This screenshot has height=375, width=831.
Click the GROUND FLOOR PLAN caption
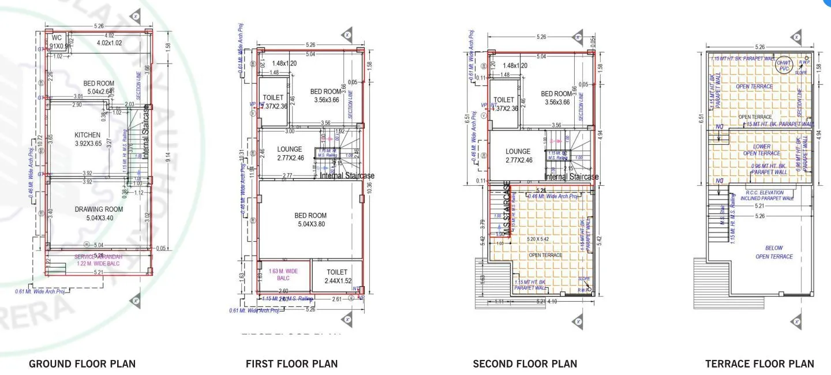(82, 363)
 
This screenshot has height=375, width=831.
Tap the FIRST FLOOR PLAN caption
(291, 363)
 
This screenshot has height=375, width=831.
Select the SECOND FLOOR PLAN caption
(525, 363)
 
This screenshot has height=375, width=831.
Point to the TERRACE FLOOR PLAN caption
(759, 363)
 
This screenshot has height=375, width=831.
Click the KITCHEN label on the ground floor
(87, 135)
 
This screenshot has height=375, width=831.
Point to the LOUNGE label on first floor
(290, 149)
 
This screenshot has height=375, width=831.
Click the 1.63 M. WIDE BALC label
(283, 274)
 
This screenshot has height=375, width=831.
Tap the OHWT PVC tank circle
(784, 65)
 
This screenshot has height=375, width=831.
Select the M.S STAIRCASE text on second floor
(507, 209)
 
